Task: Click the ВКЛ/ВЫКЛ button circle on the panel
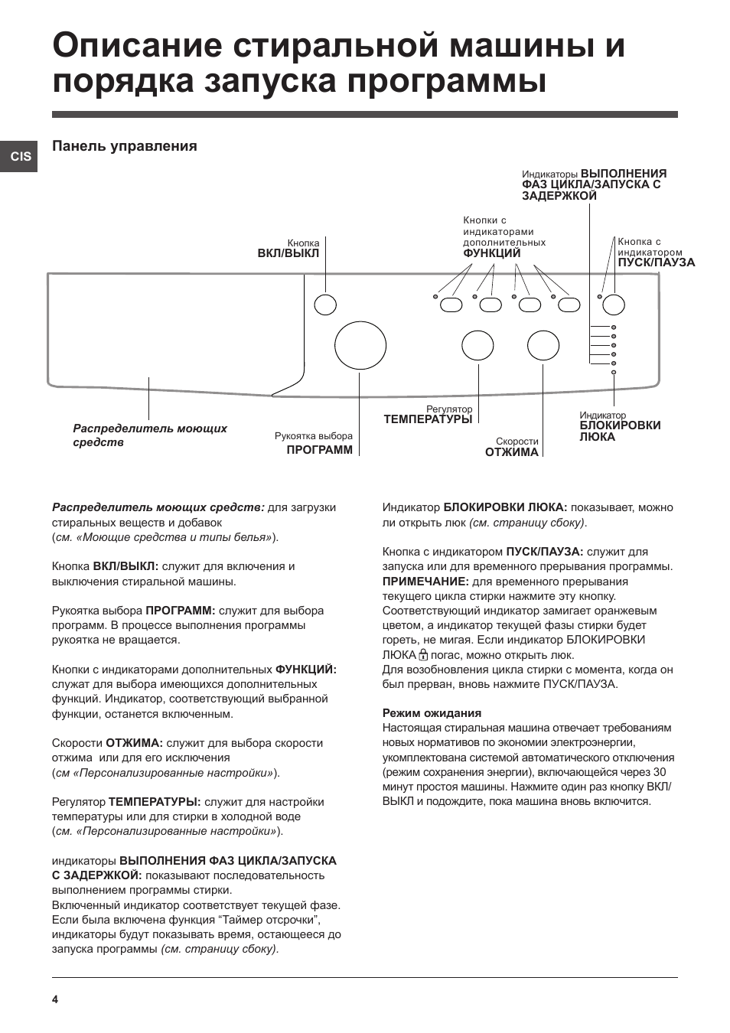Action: tap(325, 305)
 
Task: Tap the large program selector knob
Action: tap(360, 345)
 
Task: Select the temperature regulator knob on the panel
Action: tap(477, 346)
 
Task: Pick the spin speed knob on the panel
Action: tap(543, 346)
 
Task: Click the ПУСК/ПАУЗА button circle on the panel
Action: tap(614, 305)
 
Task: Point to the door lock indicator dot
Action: tap(614, 373)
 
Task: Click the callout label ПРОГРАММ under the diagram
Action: tap(319, 450)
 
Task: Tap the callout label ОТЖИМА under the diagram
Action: tap(511, 452)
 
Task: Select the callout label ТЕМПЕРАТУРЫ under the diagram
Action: tap(427, 419)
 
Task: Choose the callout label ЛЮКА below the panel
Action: tap(597, 437)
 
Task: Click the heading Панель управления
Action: tap(124, 146)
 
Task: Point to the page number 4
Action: tap(55, 999)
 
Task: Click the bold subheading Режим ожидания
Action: tap(432, 713)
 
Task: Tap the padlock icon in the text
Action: tap(423, 655)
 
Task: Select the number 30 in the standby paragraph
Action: tap(659, 772)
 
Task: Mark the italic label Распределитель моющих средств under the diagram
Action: tap(150, 435)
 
